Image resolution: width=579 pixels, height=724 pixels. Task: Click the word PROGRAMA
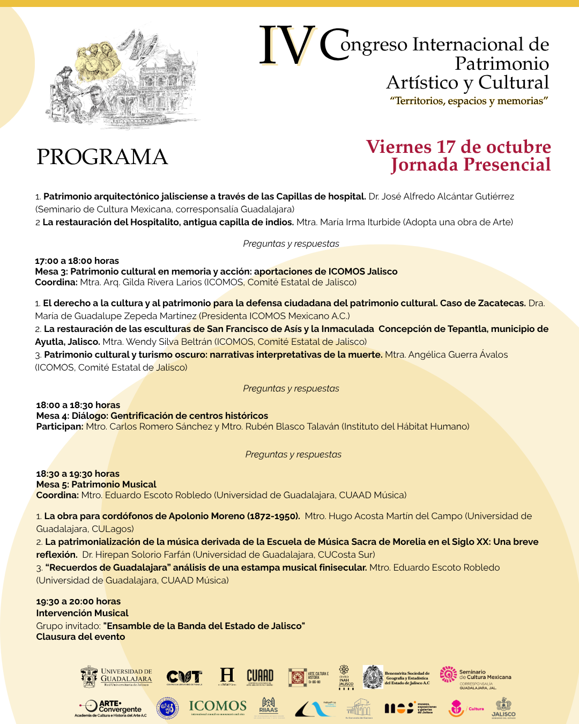point(102,157)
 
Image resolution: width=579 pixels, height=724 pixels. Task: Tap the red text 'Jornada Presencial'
point(471,165)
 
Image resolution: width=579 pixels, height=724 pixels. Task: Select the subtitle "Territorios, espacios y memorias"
point(469,101)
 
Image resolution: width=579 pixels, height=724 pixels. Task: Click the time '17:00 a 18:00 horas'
point(77,261)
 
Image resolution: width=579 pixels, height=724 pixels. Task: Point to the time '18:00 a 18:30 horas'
point(78,405)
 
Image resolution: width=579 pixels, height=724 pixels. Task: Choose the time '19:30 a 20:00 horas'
point(78,601)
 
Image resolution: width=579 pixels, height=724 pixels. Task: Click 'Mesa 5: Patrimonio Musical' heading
point(96,484)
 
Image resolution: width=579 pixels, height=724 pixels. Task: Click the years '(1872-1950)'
point(273,516)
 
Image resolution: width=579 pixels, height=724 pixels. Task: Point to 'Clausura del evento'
point(80,637)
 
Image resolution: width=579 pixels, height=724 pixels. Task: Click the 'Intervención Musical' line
point(82,613)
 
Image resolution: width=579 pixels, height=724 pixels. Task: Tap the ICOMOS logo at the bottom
point(218,707)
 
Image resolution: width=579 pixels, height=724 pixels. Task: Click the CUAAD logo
point(260,677)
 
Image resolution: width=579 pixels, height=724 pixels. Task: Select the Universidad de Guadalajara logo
point(116,677)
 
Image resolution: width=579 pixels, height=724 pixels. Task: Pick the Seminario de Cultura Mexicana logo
point(476,677)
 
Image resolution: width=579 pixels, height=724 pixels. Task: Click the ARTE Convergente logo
point(111,708)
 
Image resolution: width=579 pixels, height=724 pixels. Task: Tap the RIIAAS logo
point(269,707)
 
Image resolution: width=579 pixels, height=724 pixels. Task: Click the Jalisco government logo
point(503,707)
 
